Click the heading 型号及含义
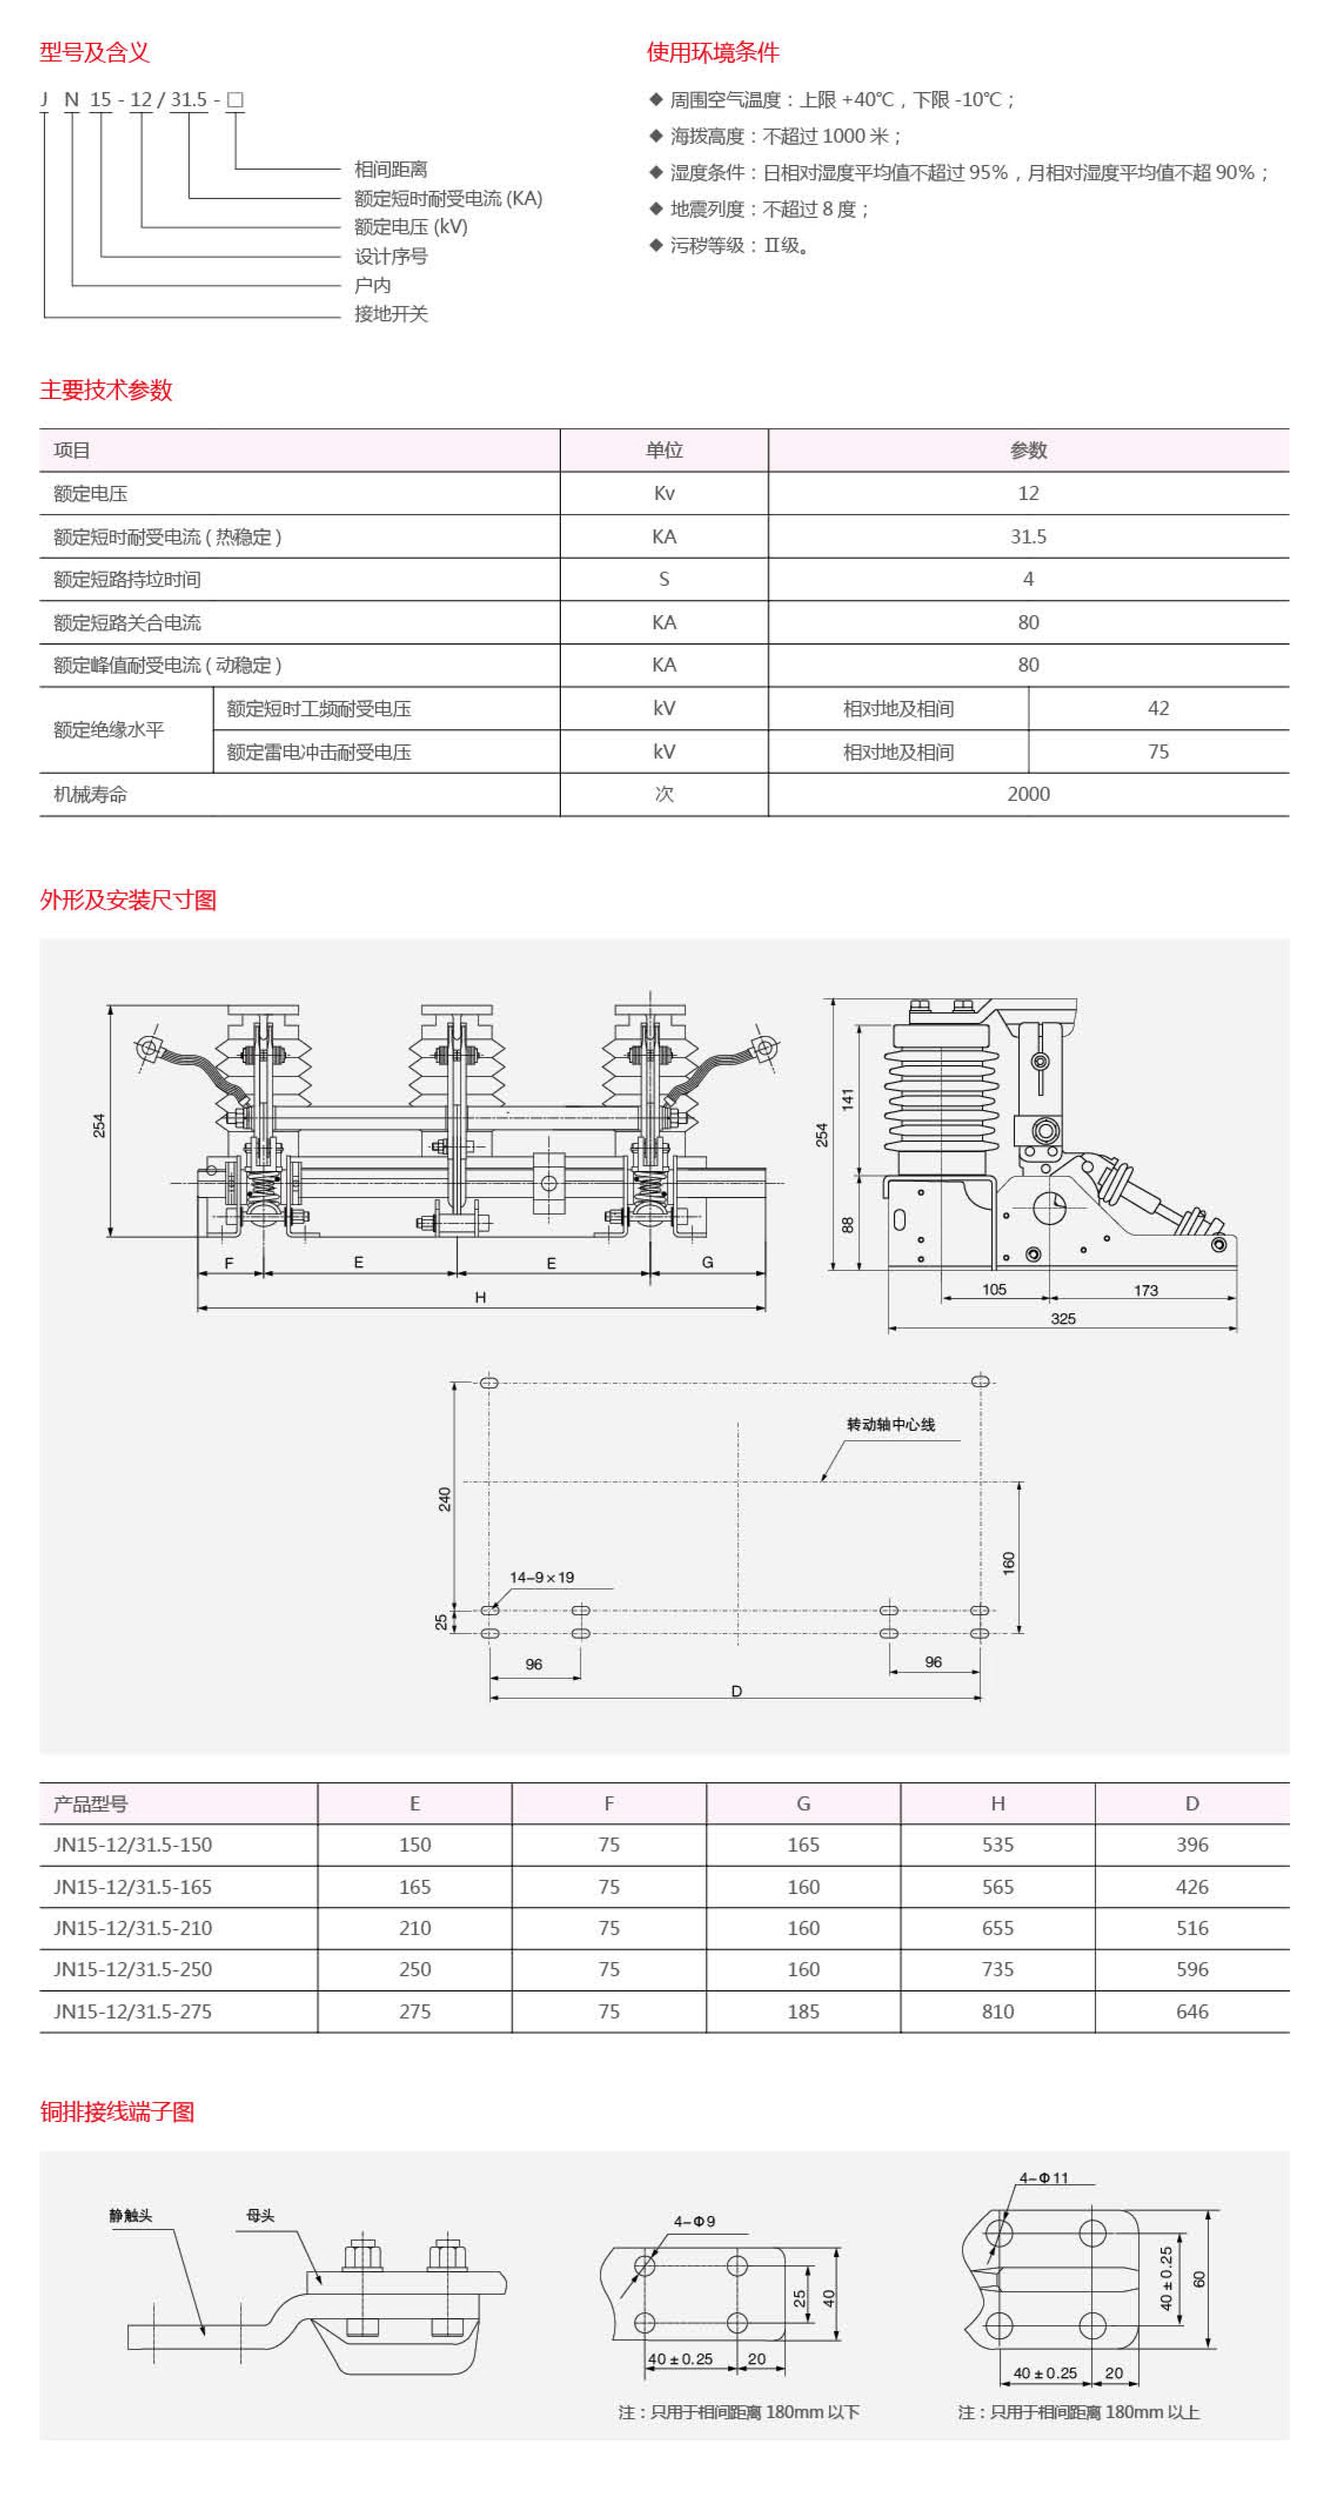[95, 52]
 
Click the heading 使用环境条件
[713, 52]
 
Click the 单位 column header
[664, 450]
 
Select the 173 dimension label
[1145, 1290]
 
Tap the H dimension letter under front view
[480, 1297]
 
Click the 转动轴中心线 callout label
[890, 1424]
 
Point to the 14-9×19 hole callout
[541, 1577]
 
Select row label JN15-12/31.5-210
[132, 1927]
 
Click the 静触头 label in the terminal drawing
[130, 2215]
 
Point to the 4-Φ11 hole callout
[1043, 2177]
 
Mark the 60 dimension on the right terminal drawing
[1199, 2279]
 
